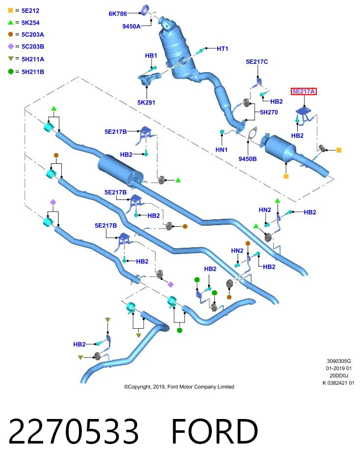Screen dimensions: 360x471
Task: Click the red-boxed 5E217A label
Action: pyautogui.click(x=304, y=91)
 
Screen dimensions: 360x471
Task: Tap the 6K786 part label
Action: pyautogui.click(x=118, y=14)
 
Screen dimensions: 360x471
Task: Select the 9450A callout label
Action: pyautogui.click(x=131, y=26)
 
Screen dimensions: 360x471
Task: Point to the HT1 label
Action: pyautogui.click(x=223, y=49)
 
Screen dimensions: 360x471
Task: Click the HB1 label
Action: pyautogui.click(x=151, y=55)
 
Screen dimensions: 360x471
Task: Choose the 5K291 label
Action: pyautogui.click(x=146, y=103)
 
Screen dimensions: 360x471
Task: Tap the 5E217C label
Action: pyautogui.click(x=257, y=62)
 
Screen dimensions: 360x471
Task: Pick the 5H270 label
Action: pyautogui.click(x=269, y=112)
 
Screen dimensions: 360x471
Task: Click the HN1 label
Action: pyautogui.click(x=222, y=150)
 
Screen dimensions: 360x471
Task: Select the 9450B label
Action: pyautogui.click(x=248, y=158)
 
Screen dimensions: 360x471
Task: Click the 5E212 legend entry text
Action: pyautogui.click(x=30, y=10)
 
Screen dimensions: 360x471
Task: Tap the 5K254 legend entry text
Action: pyautogui.click(x=30, y=23)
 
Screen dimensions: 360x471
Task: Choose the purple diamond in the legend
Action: pyautogui.click(x=11, y=46)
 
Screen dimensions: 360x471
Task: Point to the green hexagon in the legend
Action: pyautogui.click(x=11, y=72)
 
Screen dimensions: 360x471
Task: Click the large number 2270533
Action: pyautogui.click(x=74, y=431)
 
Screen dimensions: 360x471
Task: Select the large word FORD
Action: pyautogui.click(x=215, y=431)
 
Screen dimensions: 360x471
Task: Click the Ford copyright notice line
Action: pyautogui.click(x=179, y=387)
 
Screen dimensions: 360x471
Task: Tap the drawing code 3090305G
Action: pyautogui.click(x=339, y=361)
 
